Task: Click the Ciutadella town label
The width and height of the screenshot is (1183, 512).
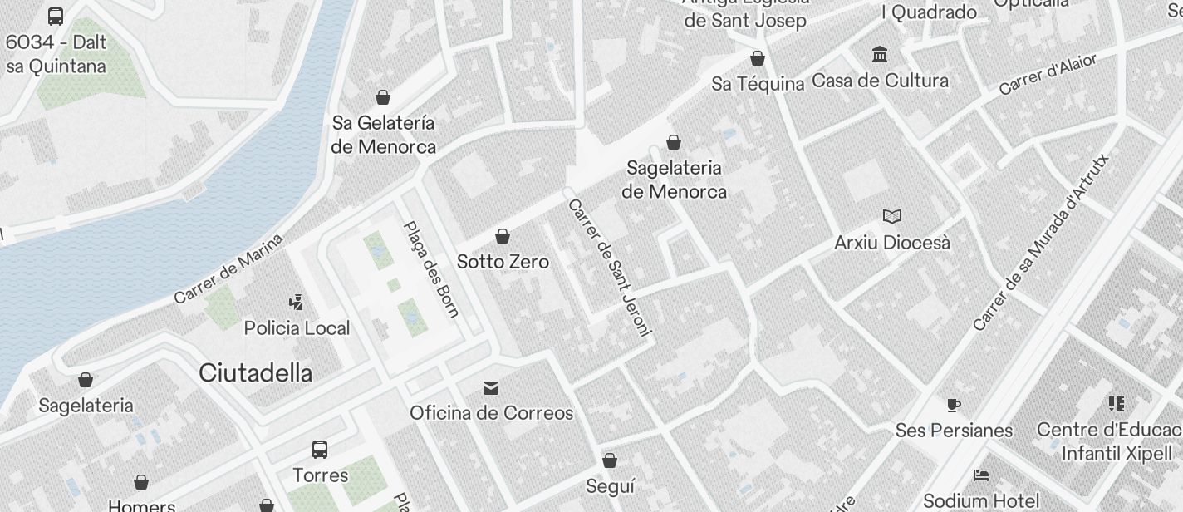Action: click(255, 373)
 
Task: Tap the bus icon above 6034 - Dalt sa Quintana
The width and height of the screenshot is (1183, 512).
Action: click(56, 16)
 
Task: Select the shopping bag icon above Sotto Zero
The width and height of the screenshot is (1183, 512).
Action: click(503, 237)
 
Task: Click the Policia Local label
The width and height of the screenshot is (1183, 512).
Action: click(297, 328)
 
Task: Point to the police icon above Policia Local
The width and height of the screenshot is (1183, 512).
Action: click(296, 302)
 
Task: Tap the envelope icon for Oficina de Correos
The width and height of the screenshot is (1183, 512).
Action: click(491, 388)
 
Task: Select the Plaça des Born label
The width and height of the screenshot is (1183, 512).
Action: click(431, 268)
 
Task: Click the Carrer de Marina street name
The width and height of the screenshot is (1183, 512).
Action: click(228, 268)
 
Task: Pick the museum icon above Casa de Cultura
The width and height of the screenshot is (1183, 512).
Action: click(880, 55)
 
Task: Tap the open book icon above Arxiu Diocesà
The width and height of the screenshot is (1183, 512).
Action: click(892, 217)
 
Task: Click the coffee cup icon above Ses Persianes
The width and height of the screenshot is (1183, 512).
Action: click(954, 405)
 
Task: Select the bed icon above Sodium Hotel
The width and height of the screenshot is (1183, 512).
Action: click(981, 475)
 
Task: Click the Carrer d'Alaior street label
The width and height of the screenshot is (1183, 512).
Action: click(1048, 74)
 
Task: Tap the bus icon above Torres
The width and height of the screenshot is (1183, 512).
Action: click(320, 450)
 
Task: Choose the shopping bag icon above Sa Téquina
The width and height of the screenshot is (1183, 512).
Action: click(758, 58)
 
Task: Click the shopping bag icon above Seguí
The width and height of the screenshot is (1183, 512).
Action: click(610, 460)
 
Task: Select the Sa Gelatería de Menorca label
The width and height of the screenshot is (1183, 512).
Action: click(383, 135)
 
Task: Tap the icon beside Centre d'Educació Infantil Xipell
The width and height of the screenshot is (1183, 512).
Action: click(1116, 404)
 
